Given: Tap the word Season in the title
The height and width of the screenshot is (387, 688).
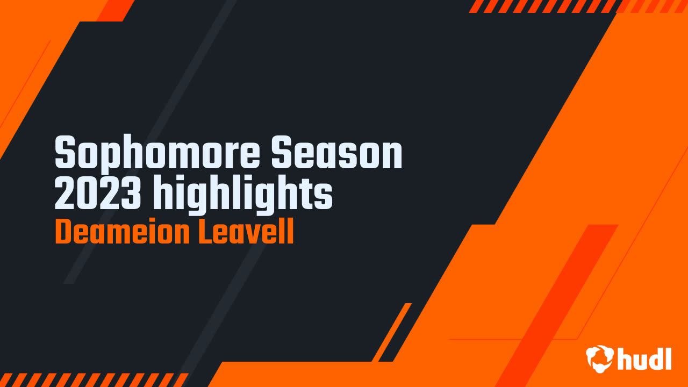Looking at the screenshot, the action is (337, 152).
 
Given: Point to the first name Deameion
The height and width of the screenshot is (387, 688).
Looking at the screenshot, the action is (122, 231).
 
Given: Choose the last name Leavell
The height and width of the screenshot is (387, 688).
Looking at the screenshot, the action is (246, 231).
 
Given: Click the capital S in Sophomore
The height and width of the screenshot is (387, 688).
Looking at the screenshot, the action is (65, 152).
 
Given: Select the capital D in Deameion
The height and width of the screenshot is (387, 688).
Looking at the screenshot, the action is (63, 232).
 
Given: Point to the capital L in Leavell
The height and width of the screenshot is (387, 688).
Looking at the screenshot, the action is (206, 232).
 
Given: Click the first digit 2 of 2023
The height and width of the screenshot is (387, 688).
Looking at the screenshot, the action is (65, 192).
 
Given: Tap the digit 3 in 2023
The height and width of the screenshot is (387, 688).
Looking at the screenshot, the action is (131, 192).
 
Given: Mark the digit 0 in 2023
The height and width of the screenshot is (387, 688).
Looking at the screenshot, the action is (87, 192).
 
